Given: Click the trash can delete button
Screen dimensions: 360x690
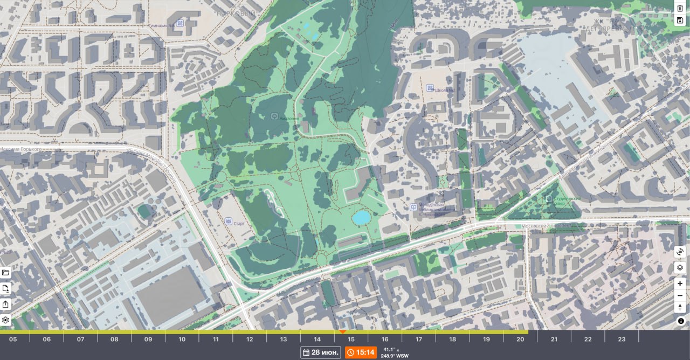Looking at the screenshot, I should [680, 8].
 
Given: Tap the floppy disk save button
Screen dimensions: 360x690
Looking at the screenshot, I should [680, 20].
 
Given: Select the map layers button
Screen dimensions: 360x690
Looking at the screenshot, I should [680, 267].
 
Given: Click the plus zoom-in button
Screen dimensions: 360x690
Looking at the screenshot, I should [680, 283].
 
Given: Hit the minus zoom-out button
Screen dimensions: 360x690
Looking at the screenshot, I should [680, 295].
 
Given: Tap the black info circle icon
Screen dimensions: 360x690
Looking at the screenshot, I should [681, 321].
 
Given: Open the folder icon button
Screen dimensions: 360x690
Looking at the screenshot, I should [5, 273].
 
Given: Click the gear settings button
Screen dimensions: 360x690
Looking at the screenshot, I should [5, 320].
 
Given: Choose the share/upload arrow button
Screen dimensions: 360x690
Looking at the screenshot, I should [5, 304].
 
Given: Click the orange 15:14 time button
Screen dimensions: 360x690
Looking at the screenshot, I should [361, 352].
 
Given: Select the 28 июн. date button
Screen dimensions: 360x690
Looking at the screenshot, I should [321, 352].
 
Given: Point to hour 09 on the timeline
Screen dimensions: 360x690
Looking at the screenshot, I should [148, 339].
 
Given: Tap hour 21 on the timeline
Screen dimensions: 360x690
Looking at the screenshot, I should [554, 339].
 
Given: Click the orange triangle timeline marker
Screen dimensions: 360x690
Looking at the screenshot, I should [342, 331].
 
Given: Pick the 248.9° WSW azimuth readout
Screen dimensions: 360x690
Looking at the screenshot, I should [395, 356].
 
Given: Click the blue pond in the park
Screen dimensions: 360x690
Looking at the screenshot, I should [361, 217].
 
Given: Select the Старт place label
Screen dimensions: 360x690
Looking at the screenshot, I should [239, 223].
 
